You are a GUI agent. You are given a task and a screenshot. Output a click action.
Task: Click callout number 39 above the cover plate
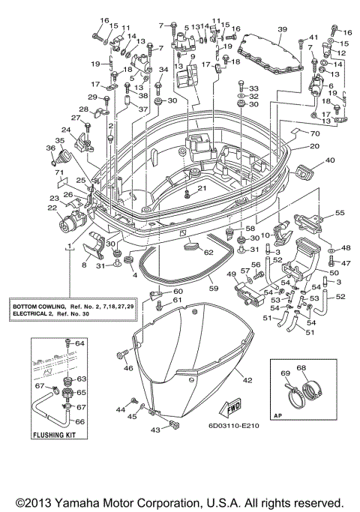coord(282,29)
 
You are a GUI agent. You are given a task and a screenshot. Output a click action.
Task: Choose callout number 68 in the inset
coord(301,367)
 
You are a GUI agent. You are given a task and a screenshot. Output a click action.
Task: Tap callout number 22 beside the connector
coord(52,208)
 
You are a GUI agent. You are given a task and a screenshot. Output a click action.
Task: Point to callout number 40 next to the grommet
coord(330,160)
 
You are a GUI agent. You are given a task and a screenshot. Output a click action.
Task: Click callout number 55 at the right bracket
coord(340,213)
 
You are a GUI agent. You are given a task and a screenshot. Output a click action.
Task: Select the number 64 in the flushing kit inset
coord(81,343)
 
